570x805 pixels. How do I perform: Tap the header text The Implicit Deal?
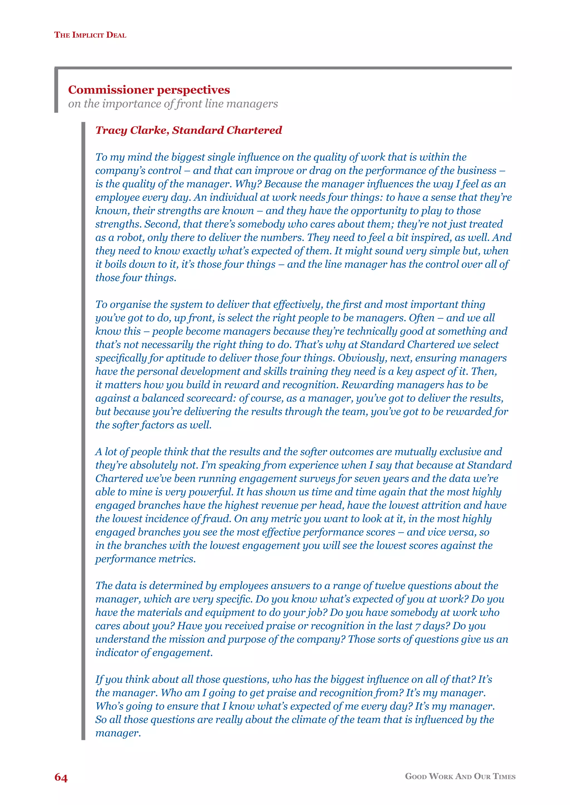point(90,35)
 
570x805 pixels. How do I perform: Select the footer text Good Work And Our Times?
point(460,776)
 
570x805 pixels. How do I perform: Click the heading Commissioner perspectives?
point(149,90)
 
